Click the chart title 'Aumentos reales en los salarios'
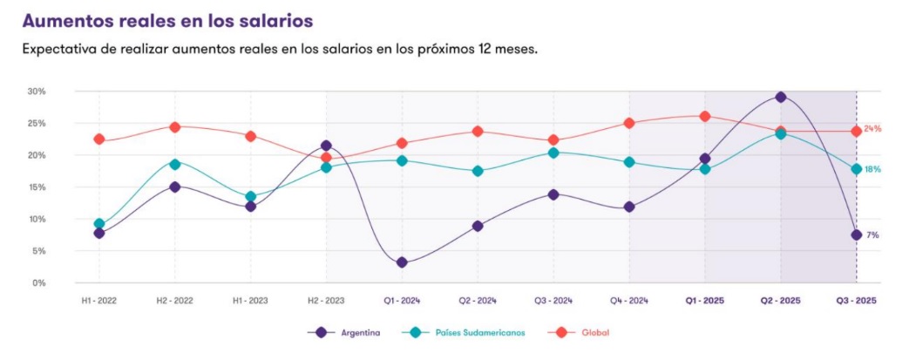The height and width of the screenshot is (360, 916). pyautogui.click(x=167, y=18)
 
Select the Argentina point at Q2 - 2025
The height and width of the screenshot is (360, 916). pyautogui.click(x=781, y=97)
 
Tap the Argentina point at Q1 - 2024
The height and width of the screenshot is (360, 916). pyautogui.click(x=402, y=262)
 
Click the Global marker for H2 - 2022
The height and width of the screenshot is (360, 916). pyautogui.click(x=174, y=126)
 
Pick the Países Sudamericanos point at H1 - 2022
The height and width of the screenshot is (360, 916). pyautogui.click(x=99, y=224)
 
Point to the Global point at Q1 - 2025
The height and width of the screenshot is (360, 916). pyautogui.click(x=705, y=116)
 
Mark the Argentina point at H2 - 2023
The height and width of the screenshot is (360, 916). pyautogui.click(x=326, y=146)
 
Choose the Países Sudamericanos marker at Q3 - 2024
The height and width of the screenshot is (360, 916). pyautogui.click(x=553, y=153)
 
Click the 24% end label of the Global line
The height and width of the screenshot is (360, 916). pyautogui.click(x=872, y=129)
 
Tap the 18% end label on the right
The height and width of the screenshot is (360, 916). pyautogui.click(x=872, y=169)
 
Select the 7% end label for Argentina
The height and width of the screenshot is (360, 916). pyautogui.click(x=872, y=235)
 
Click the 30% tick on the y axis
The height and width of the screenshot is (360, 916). pyautogui.click(x=37, y=91)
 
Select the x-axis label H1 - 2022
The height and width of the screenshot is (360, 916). pyautogui.click(x=98, y=300)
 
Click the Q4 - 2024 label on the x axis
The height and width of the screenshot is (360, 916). pyautogui.click(x=628, y=300)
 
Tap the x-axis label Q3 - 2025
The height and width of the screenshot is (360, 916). pyautogui.click(x=857, y=300)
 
